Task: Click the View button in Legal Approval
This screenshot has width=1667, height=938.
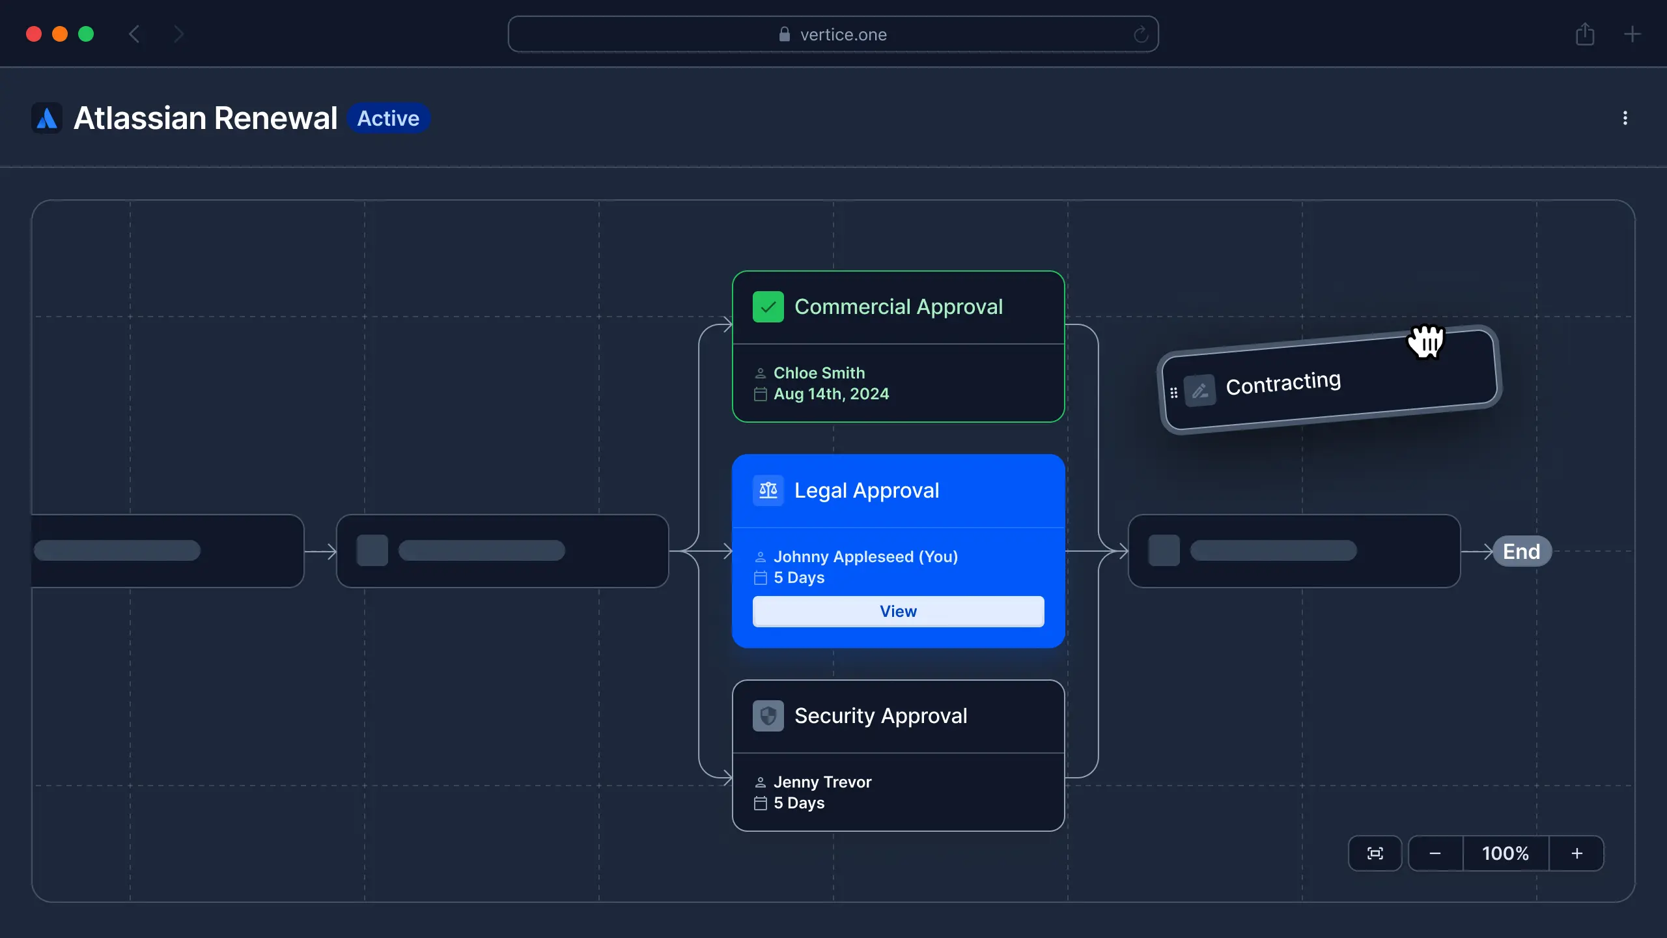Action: [x=898, y=611]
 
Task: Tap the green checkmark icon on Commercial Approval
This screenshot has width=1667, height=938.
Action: [x=768, y=307]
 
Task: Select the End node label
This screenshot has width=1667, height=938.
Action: [x=1521, y=551]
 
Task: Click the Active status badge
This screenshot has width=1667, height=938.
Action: [x=388, y=118]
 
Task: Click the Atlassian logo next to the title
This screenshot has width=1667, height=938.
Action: [x=47, y=118]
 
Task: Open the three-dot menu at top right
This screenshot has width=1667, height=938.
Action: [x=1625, y=118]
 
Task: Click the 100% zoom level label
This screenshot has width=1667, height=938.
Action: [x=1505, y=853]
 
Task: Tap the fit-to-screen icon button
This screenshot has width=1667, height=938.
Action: [x=1375, y=853]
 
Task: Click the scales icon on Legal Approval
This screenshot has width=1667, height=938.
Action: [x=768, y=490]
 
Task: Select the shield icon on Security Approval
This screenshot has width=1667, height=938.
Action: [x=768, y=716]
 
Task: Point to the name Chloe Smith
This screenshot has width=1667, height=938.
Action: [x=819, y=373]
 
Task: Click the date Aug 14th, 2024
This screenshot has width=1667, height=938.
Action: [x=831, y=394]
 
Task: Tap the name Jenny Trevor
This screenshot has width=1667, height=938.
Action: [x=822, y=782]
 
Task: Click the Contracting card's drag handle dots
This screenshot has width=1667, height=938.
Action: [x=1173, y=393]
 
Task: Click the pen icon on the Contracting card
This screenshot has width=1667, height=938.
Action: [x=1199, y=391]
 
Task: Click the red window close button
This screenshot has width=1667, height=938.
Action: [x=34, y=34]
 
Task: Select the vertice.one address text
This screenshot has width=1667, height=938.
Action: [x=843, y=35]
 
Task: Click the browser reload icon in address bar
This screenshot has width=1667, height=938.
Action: [x=1140, y=35]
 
